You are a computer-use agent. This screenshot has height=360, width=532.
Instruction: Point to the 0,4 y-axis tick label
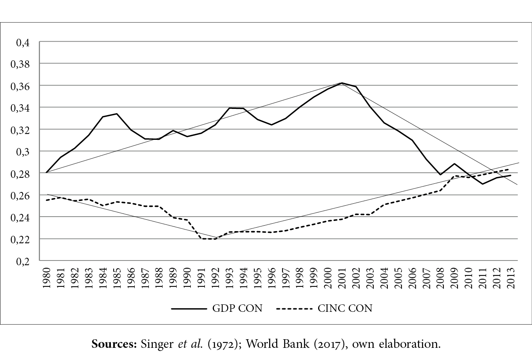point(23,42)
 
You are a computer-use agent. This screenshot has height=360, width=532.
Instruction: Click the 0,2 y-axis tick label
point(23,261)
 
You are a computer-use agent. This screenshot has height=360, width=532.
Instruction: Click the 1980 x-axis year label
point(47,279)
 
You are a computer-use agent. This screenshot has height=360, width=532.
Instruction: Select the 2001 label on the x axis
point(342,279)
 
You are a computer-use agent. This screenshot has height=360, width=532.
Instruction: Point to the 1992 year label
point(215,279)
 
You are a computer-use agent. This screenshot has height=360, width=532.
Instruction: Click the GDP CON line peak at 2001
point(342,83)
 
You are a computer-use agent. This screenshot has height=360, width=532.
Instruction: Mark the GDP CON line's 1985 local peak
point(117,114)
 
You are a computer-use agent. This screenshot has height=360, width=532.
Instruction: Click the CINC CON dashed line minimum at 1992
point(215,239)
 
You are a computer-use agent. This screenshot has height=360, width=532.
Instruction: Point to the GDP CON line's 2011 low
point(482,184)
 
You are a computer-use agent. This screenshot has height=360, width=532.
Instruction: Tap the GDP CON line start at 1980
point(47,172)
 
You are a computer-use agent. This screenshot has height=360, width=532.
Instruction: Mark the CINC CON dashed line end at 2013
point(510,169)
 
